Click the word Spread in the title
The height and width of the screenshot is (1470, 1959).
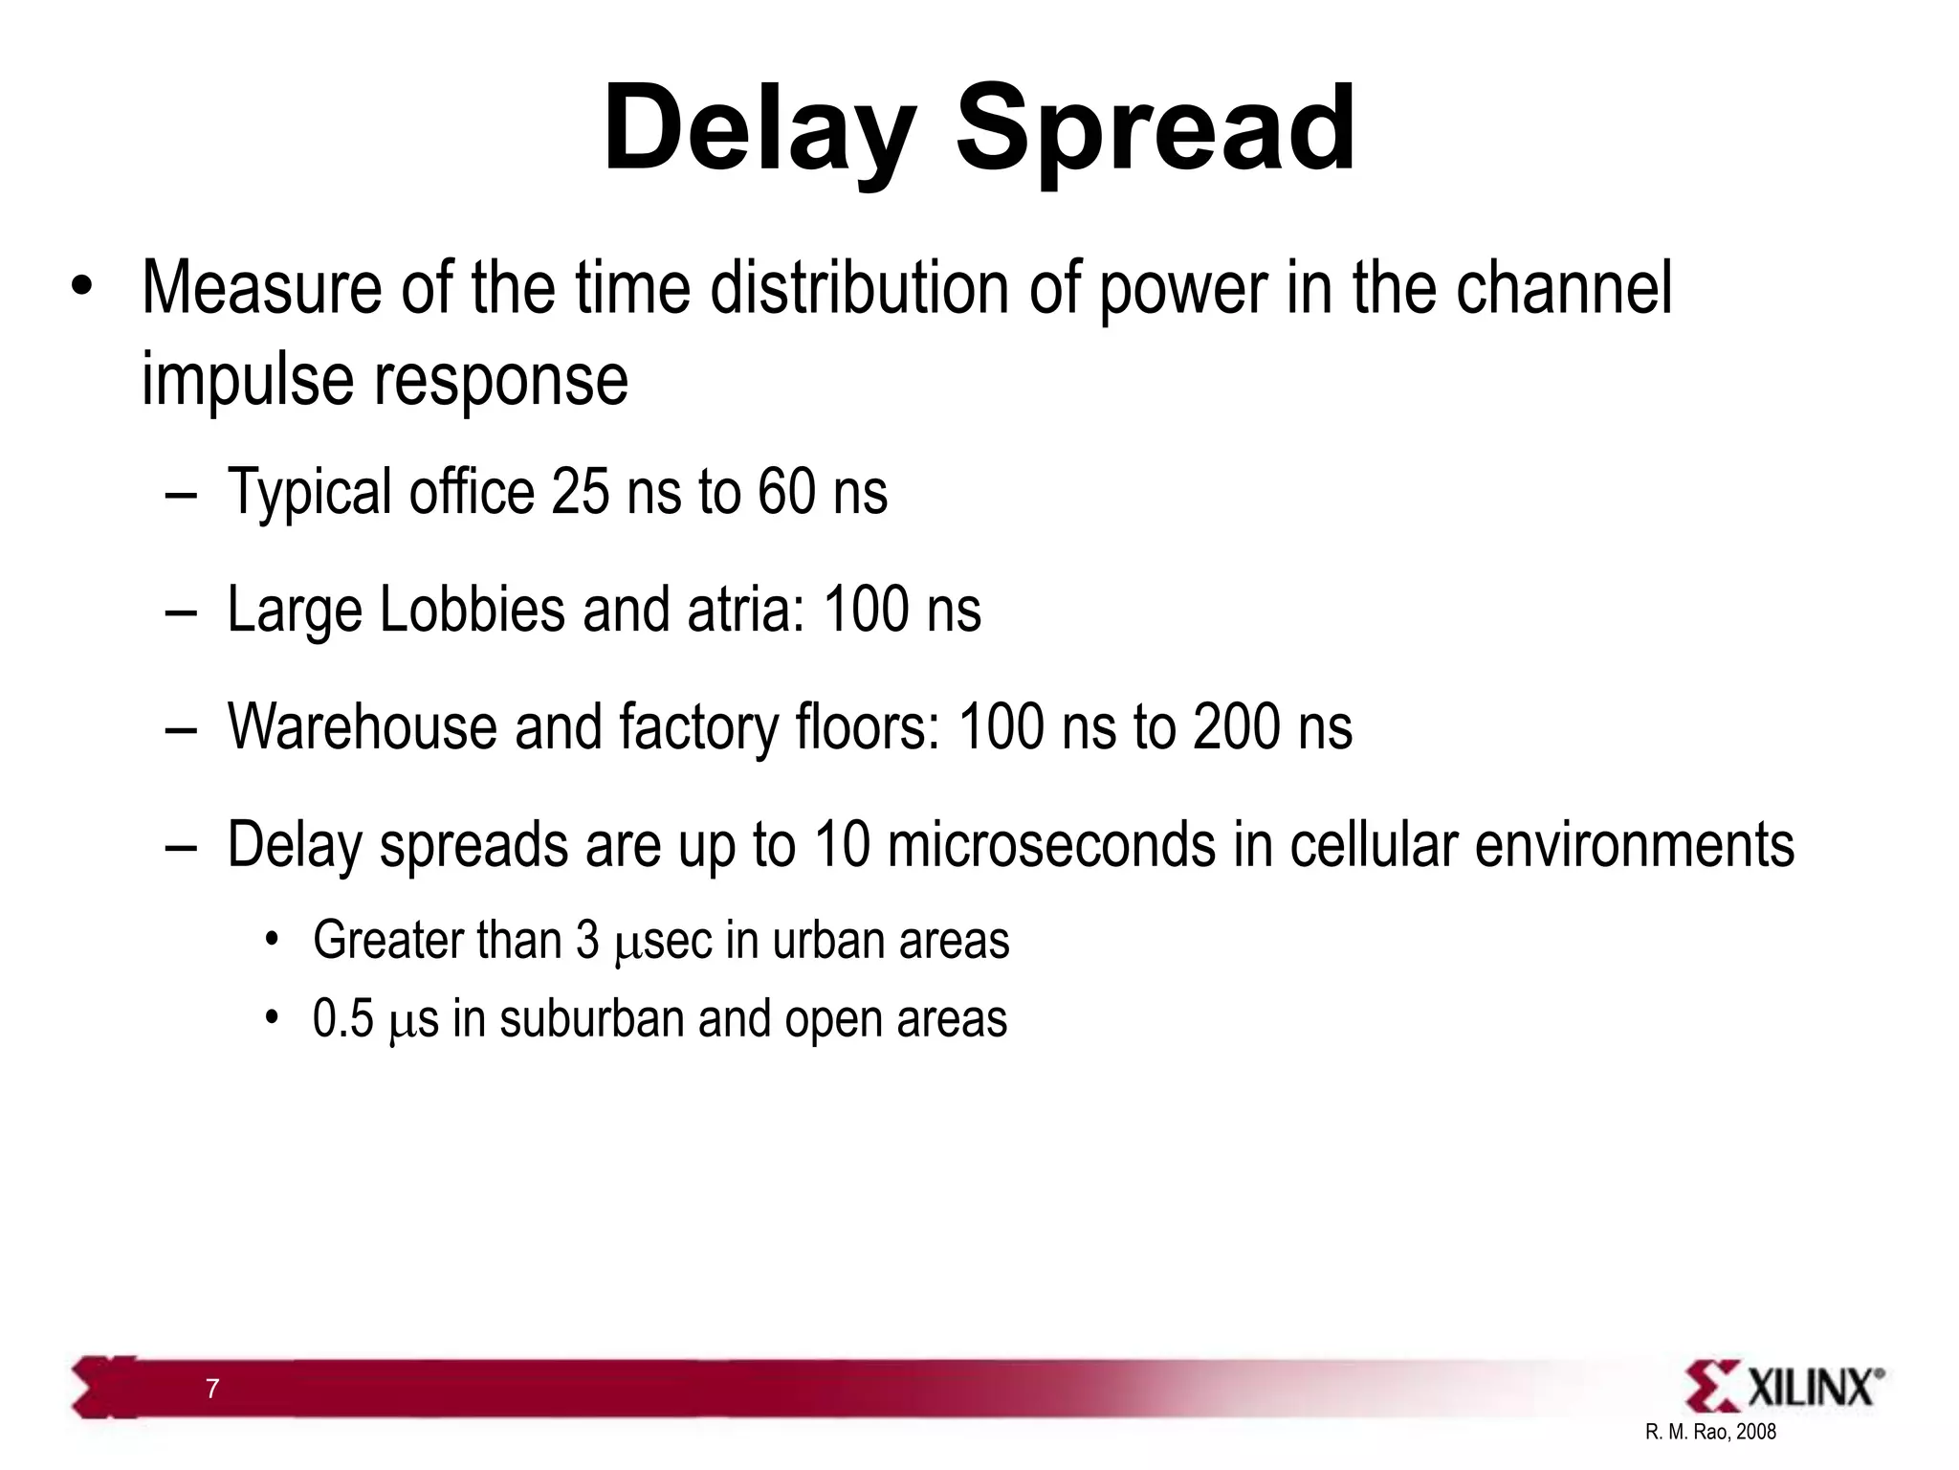pos(1156,129)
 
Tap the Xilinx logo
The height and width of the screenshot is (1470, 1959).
pos(1785,1386)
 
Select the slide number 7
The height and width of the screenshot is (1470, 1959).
pos(212,1389)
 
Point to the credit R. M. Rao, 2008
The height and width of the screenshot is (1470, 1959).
pos(1710,1432)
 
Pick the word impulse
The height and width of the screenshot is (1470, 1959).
pos(248,379)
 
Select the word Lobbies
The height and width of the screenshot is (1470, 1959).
pos(473,610)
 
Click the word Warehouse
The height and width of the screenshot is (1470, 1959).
pos(363,727)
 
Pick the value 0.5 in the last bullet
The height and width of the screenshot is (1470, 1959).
pos(343,1018)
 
